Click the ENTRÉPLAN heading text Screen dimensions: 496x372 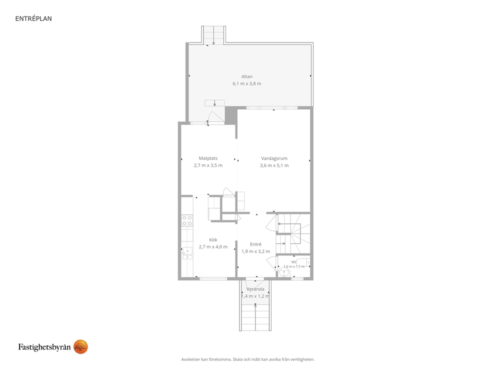click(x=33, y=18)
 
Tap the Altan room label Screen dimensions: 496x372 click(x=246, y=76)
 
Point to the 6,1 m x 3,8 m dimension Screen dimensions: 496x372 click(x=246, y=84)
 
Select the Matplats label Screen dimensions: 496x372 click(x=208, y=158)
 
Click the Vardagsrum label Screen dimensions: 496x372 click(x=274, y=158)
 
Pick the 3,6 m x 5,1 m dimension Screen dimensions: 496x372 click(x=274, y=165)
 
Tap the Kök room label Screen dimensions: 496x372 click(x=213, y=240)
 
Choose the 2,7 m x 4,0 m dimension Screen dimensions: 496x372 click(x=213, y=246)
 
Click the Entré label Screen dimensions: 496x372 click(x=255, y=244)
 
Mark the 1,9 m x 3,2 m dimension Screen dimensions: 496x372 click(x=255, y=251)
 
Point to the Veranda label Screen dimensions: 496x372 click(x=255, y=289)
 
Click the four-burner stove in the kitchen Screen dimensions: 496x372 click(x=187, y=220)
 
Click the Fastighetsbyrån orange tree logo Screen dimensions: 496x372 click(x=80, y=347)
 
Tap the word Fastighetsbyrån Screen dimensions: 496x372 click(x=44, y=347)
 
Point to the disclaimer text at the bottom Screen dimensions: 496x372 click(x=247, y=359)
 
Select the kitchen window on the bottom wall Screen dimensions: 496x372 click(x=213, y=278)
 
